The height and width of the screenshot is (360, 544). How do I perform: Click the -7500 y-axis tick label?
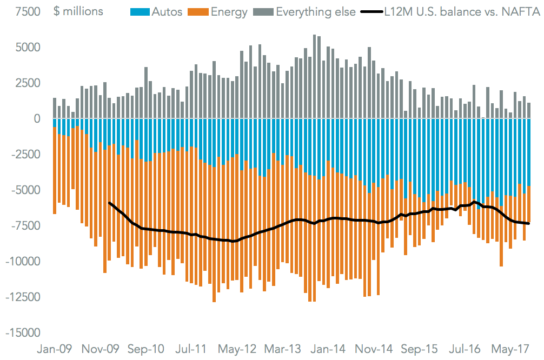(23, 225)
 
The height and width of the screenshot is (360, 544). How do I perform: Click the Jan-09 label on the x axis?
(54, 349)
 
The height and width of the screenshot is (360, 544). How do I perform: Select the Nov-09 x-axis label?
(99, 349)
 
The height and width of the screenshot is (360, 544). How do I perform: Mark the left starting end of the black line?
(110, 203)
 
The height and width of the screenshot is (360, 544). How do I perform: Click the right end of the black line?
(528, 223)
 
